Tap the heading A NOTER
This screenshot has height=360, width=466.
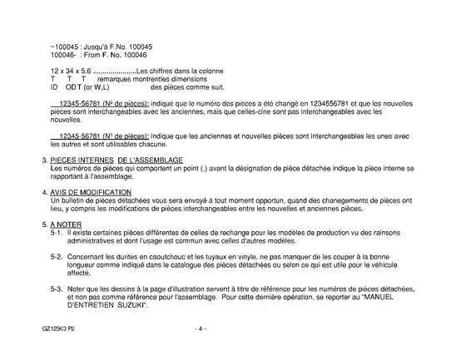click(63, 225)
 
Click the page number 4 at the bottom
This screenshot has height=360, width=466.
click(201, 328)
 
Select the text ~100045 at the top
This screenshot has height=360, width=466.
click(63, 46)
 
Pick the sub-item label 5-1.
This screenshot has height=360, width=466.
click(57, 234)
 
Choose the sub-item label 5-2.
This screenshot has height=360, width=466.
click(57, 258)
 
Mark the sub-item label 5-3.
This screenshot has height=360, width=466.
click(57, 288)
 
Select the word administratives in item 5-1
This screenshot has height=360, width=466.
click(94, 242)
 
